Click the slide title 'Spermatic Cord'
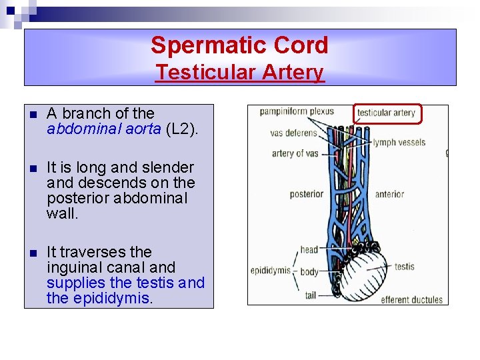tap(239, 45)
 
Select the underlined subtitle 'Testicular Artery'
tap(239, 72)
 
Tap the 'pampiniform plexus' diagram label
tap(297, 111)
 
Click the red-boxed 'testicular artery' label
tap(386, 113)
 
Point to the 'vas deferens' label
tap(293, 133)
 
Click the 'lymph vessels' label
tap(399, 142)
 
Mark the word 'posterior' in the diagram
tap(306, 195)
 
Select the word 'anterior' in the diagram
tap(389, 195)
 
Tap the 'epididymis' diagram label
tap(270, 271)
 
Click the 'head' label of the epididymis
tap(309, 250)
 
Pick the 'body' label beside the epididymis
tap(309, 271)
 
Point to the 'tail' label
tap(309, 295)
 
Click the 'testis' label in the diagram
tap(404, 267)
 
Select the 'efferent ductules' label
tap(411, 299)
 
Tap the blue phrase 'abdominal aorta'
tap(103, 129)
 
